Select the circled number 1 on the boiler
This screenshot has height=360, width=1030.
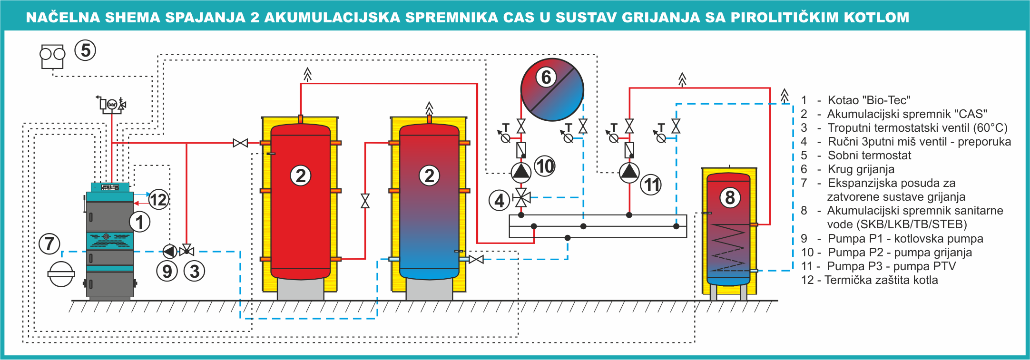pyautogui.click(x=139, y=222)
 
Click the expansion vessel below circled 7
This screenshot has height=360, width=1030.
pyautogui.click(x=61, y=274)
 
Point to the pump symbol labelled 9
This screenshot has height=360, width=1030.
pyautogui.click(x=170, y=251)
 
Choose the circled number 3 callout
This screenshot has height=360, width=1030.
pyautogui.click(x=194, y=271)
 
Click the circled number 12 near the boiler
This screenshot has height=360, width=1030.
pyautogui.click(x=158, y=199)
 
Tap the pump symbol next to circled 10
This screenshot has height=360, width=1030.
pyautogui.click(x=521, y=172)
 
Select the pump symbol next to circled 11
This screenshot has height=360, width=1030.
pyautogui.click(x=629, y=173)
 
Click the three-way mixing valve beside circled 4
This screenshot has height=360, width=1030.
pyautogui.click(x=521, y=197)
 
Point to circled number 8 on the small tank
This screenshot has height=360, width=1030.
pyautogui.click(x=730, y=197)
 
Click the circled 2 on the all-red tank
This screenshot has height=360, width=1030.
pyautogui.click(x=301, y=175)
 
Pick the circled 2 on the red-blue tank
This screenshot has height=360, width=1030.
pyautogui.click(x=429, y=175)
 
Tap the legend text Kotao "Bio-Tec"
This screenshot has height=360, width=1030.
pyautogui.click(x=869, y=100)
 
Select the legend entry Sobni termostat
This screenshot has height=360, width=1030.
pyautogui.click(x=869, y=156)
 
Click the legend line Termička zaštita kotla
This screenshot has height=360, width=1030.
pyautogui.click(x=881, y=280)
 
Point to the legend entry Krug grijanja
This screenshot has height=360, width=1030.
pyautogui.click(x=861, y=169)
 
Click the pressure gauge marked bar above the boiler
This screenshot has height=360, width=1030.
pyautogui.click(x=112, y=104)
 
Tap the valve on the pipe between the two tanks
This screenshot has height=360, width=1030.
pyautogui.click(x=365, y=201)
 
